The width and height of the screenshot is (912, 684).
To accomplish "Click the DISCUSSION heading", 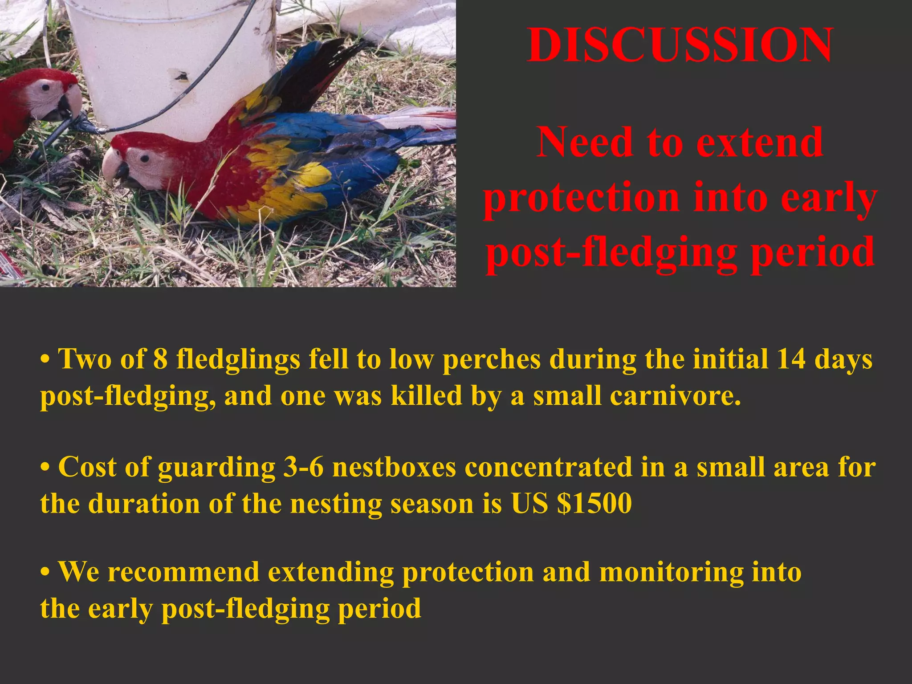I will [x=680, y=45].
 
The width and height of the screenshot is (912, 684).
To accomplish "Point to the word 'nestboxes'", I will [x=394, y=467].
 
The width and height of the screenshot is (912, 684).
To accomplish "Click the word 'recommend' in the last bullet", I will [x=183, y=572].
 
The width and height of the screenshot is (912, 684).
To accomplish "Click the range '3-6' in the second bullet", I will [x=303, y=467].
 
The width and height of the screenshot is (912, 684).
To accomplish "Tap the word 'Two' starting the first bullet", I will [x=85, y=358].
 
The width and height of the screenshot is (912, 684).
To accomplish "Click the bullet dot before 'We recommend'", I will [x=44, y=573].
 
